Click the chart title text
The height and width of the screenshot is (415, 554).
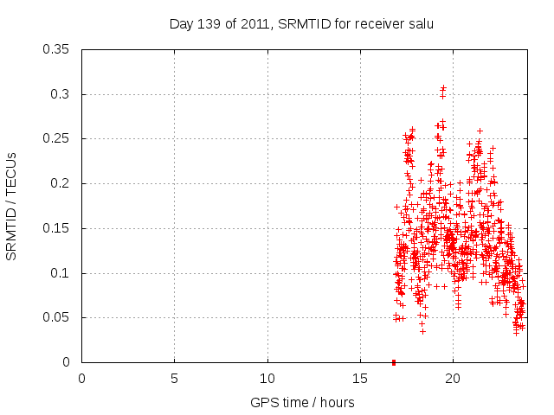(x=300, y=24)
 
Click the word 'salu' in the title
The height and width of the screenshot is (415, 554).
(x=419, y=24)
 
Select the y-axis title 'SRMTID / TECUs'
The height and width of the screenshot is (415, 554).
(x=12, y=206)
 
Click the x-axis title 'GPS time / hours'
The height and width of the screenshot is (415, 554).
(x=302, y=402)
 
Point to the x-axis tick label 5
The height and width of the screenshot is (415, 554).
(x=175, y=377)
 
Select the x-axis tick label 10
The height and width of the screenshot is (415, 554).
(x=267, y=377)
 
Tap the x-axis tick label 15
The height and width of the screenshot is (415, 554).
(x=360, y=377)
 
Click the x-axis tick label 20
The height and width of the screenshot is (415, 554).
(x=453, y=377)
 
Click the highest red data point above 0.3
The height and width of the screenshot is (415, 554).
(x=443, y=88)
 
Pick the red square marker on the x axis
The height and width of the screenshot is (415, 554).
(x=394, y=362)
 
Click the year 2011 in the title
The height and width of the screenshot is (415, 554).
(x=254, y=24)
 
